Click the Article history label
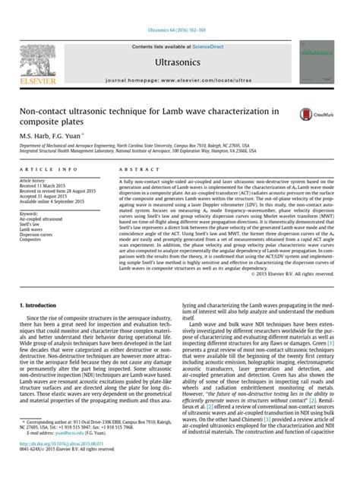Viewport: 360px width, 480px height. [36, 180]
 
